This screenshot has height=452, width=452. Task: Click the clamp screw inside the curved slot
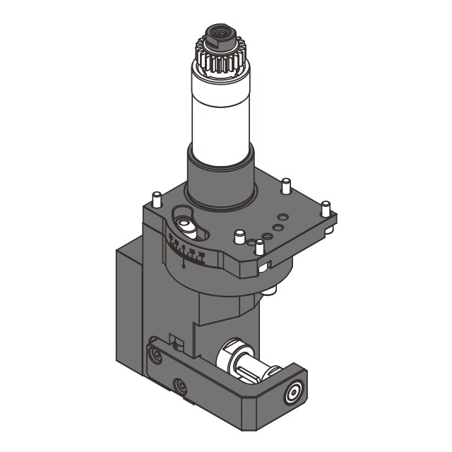click(187, 224)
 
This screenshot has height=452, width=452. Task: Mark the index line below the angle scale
click(184, 264)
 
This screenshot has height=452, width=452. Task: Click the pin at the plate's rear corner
click(285, 186)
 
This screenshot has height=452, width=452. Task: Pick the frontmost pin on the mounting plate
click(259, 248)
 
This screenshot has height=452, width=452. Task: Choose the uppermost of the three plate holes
click(283, 217)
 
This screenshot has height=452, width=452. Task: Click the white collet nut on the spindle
click(232, 353)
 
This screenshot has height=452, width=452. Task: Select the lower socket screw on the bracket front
click(182, 386)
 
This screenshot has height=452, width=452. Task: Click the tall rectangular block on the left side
click(127, 311)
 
